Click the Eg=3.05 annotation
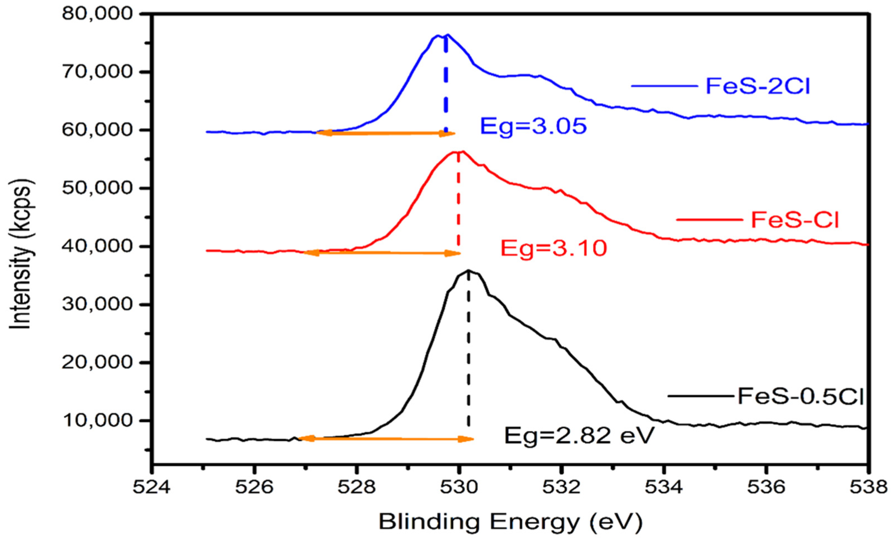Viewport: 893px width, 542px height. coord(533,127)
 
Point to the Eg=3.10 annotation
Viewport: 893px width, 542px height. coord(554,249)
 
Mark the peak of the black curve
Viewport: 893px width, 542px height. coord(468,270)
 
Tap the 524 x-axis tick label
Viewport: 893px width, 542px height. coord(151,488)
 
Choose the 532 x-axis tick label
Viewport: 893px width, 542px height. coord(561,488)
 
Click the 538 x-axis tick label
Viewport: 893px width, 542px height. coord(868,488)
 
